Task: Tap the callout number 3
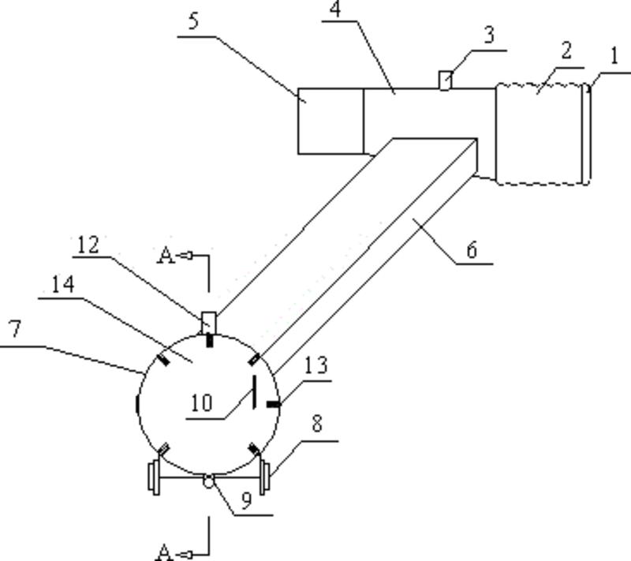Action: (x=489, y=36)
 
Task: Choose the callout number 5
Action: (x=194, y=21)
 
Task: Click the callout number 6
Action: (x=472, y=249)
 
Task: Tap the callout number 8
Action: (x=317, y=424)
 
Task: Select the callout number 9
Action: (x=247, y=501)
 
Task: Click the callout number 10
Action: (x=201, y=403)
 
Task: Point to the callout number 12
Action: (x=88, y=245)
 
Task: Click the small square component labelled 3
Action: (x=446, y=80)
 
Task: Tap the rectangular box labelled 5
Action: (x=330, y=121)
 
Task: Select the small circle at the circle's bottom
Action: (x=208, y=481)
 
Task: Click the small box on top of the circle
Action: (x=209, y=321)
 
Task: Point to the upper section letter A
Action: (x=166, y=256)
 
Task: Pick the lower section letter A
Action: (x=164, y=551)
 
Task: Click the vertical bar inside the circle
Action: (x=254, y=392)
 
